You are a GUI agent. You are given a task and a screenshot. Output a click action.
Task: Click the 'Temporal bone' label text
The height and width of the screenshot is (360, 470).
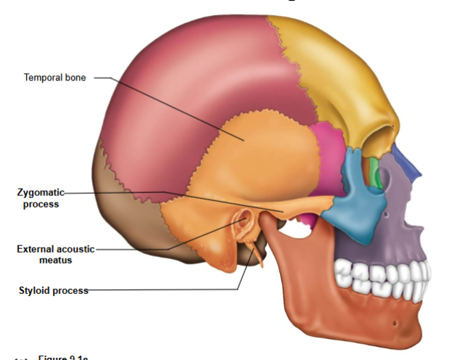[x=54, y=78]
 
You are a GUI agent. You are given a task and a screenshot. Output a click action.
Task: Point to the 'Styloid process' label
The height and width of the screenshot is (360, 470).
[x=53, y=291]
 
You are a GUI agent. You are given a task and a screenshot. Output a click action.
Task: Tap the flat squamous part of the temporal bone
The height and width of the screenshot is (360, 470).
[x=268, y=152]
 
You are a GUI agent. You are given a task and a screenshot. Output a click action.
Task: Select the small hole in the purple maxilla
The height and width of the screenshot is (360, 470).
[x=390, y=216]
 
